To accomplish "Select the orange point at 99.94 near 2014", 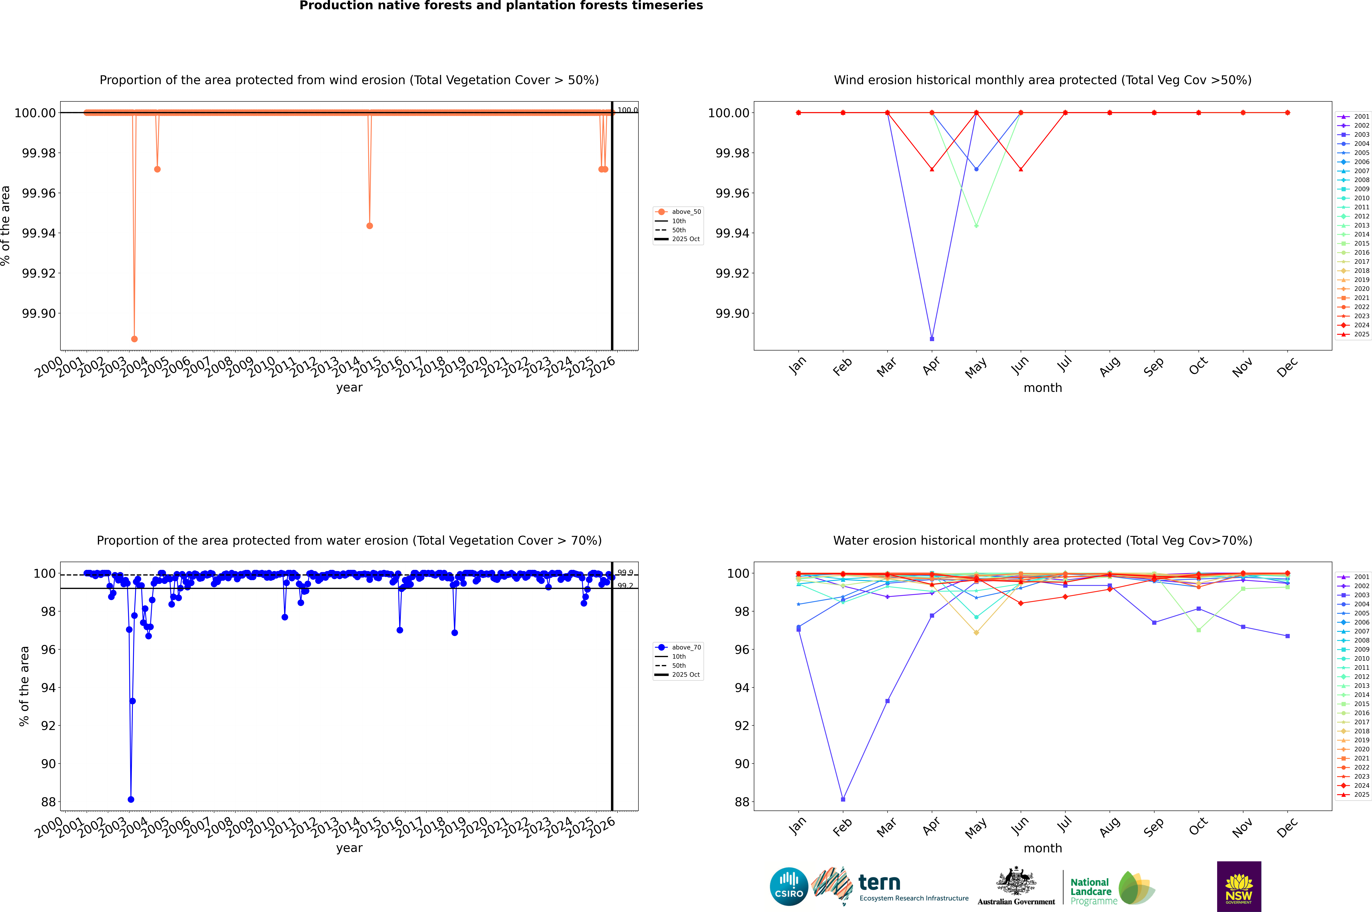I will (370, 226).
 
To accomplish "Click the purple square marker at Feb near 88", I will (843, 799).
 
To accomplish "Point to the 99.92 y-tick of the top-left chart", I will (39, 273).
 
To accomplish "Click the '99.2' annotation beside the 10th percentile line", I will (625, 586).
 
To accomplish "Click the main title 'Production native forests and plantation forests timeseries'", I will (501, 6).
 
